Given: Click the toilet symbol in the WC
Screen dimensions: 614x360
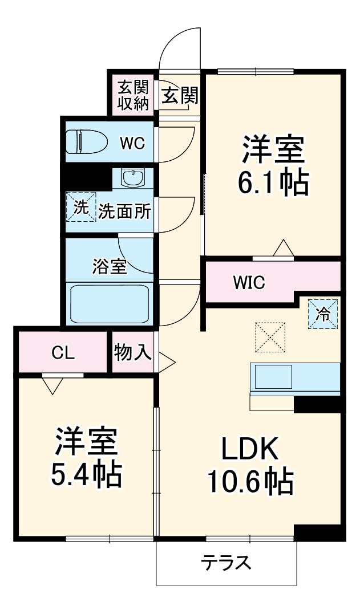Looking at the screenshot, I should [85, 141].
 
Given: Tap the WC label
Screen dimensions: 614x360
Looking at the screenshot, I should [132, 143].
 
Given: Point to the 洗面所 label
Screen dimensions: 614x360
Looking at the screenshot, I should [124, 212].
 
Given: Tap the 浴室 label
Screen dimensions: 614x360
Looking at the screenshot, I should [109, 267].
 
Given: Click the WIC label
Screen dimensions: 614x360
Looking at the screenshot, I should [248, 282].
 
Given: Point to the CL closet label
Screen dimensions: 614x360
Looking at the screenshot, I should [63, 353].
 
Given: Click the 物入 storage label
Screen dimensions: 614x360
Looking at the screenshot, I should [133, 353].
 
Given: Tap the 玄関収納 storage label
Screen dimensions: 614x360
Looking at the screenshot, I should [133, 95].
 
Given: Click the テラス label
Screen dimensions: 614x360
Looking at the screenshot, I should [226, 563].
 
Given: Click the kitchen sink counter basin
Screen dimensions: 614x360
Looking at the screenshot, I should [273, 377].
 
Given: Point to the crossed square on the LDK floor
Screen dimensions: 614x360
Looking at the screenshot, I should [270, 337].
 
